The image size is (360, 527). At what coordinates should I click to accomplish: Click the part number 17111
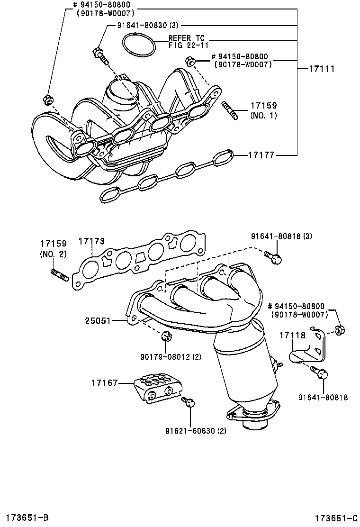point(323,69)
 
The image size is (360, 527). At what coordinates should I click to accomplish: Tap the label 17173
point(91,242)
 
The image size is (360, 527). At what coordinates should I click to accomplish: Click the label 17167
point(105,382)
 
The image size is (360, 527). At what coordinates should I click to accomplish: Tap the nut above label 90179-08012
point(166,336)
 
